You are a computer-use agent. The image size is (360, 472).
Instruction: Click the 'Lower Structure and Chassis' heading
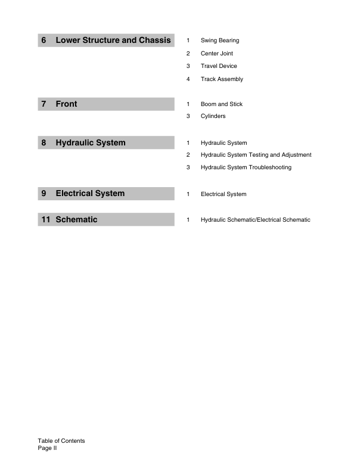pos(113,41)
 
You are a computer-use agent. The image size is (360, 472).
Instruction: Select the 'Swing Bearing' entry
pos(220,41)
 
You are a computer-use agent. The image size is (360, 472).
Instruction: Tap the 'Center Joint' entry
pos(216,54)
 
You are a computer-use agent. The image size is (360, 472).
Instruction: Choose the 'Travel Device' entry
pos(219,66)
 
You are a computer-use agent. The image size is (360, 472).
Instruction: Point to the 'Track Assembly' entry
pos(222,79)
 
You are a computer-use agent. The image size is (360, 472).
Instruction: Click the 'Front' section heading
pos(66,104)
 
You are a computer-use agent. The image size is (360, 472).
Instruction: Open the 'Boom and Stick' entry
pos(222,104)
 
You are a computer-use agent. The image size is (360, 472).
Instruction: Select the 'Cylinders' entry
pos(213,116)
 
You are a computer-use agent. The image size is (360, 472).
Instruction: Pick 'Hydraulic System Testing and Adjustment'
pos(256,155)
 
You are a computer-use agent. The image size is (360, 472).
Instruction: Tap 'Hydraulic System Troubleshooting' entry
pos(246,167)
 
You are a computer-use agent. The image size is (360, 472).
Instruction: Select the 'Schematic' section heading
pos(76,220)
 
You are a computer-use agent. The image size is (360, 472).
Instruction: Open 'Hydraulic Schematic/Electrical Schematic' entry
pos(255,220)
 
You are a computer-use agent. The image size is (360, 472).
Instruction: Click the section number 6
pos(44,41)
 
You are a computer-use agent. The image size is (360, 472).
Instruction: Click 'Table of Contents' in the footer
pos(61,441)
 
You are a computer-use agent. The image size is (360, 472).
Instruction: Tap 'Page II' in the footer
pos(46,449)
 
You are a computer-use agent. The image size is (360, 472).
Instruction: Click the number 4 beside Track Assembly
pos(188,79)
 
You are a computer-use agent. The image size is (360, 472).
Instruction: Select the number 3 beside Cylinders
pos(188,116)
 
